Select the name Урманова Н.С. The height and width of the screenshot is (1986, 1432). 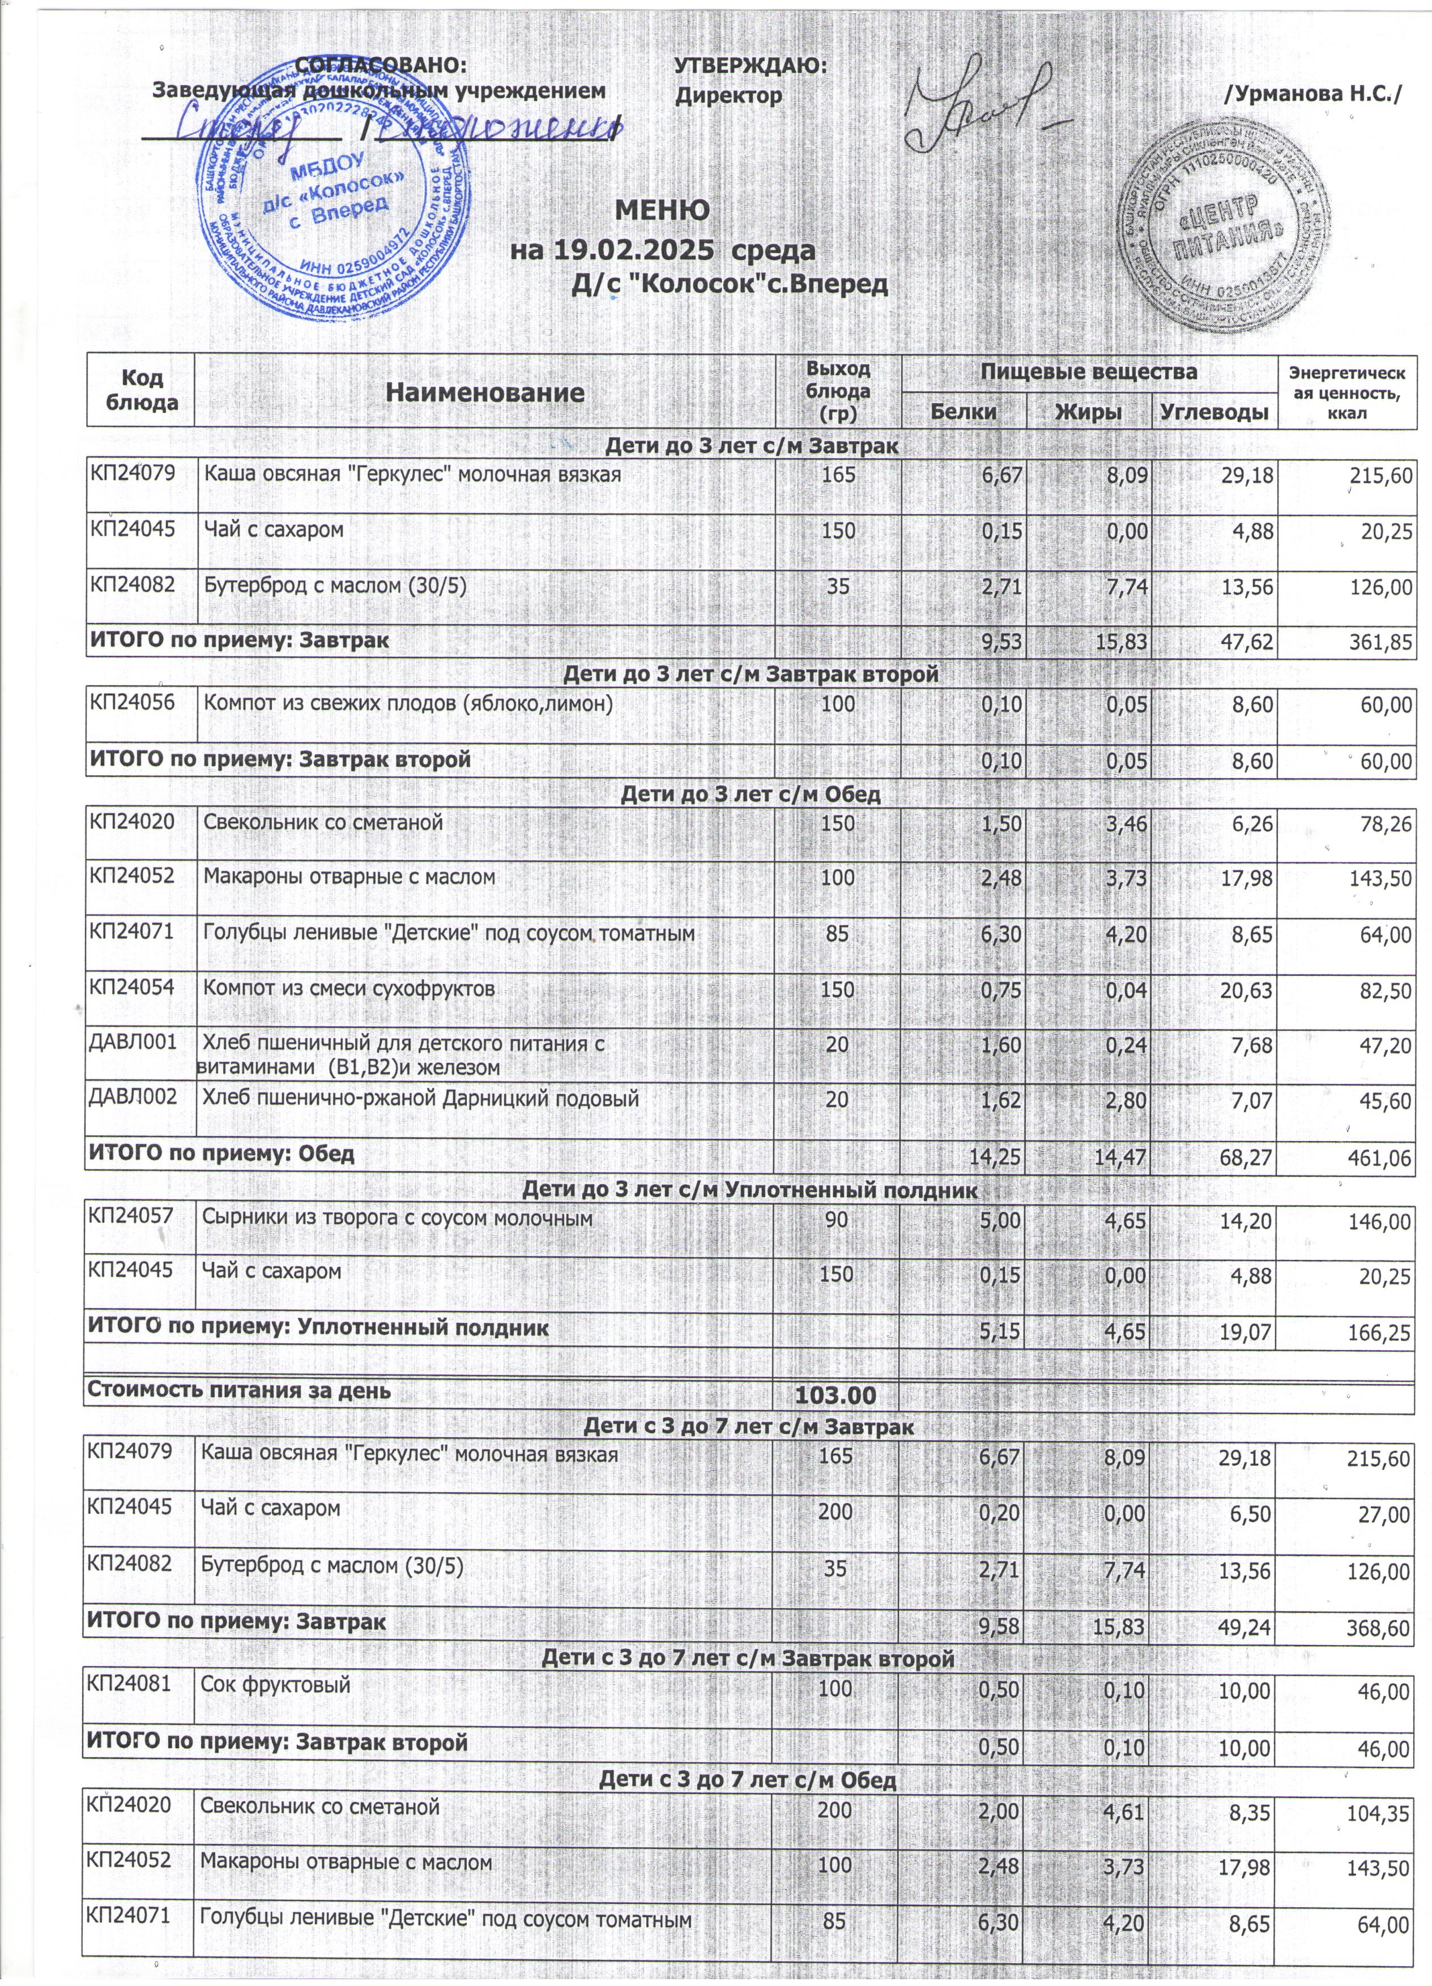point(1314,93)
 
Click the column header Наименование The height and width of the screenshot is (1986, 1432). point(485,392)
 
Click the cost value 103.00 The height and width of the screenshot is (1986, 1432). point(834,1395)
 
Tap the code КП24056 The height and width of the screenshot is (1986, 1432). point(131,702)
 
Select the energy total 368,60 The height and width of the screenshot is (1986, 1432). point(1379,1629)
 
